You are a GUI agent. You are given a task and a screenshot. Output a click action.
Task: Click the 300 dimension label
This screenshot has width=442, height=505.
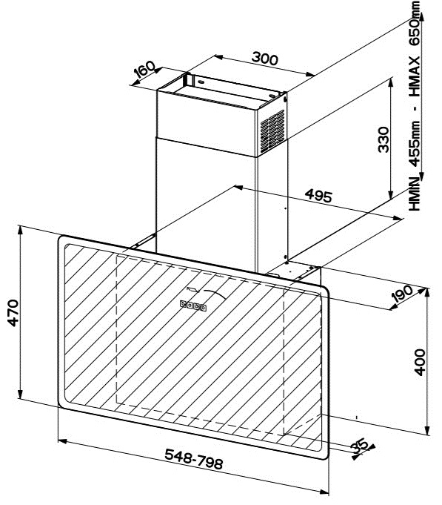point(264,59)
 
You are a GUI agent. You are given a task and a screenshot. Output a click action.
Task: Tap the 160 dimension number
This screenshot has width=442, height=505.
point(144,69)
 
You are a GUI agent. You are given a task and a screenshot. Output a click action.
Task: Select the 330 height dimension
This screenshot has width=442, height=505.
point(384,139)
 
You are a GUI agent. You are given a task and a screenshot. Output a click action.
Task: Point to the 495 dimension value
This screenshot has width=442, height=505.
point(318,195)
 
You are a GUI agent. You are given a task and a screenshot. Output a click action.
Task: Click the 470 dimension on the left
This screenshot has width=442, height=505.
point(13,313)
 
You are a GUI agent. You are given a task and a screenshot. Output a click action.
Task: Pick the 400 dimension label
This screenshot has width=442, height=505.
point(419,363)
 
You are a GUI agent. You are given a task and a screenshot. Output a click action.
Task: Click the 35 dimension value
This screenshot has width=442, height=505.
point(360,446)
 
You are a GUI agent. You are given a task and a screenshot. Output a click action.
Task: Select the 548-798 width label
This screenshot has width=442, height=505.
point(193,459)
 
